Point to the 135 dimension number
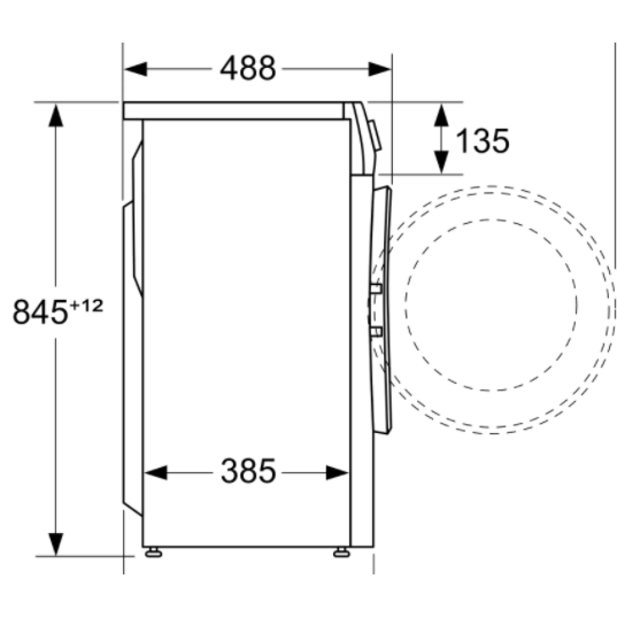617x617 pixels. tap(482, 141)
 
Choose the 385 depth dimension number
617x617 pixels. tap(248, 473)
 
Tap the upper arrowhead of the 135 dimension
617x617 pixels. tap(441, 115)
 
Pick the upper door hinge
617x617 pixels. tap(376, 289)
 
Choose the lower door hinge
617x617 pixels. tap(376, 333)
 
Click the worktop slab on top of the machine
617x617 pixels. tap(234, 110)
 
